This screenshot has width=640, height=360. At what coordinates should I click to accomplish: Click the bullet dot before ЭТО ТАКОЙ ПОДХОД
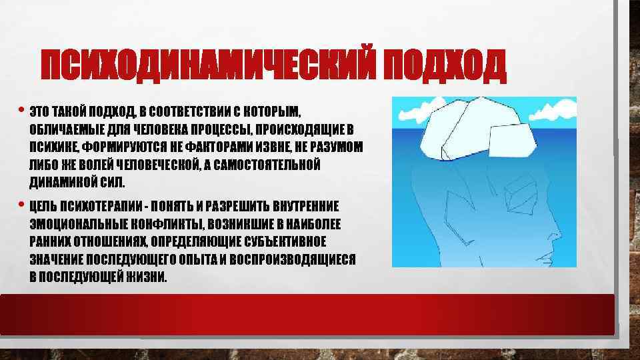[21, 109]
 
